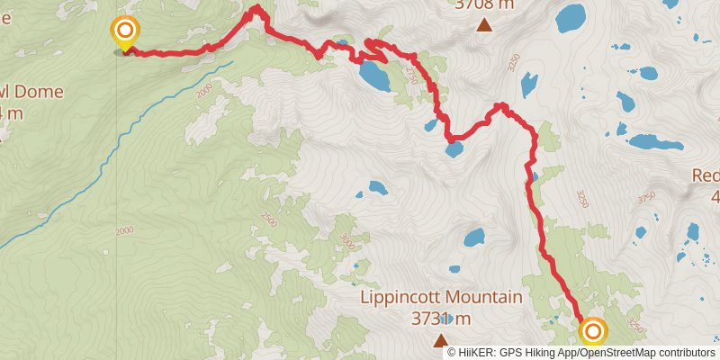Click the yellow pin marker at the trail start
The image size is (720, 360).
pos(124,32)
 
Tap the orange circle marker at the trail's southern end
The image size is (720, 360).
pos(593,332)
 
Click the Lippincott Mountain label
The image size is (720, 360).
pos(441,298)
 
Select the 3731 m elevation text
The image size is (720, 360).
pos(441,319)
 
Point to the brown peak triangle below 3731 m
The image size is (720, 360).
pos(441,339)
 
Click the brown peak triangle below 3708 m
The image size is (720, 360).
pos(484,24)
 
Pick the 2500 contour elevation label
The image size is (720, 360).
pos(269,219)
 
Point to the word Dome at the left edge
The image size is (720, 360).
pos(20,93)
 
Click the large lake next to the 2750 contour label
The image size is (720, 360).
pos(374,76)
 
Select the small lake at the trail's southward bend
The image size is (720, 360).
pos(455,148)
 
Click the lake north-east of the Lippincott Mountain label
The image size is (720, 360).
pos(473,238)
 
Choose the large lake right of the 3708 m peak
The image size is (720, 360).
pos(571,16)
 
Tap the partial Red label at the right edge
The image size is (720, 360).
pos(706,175)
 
